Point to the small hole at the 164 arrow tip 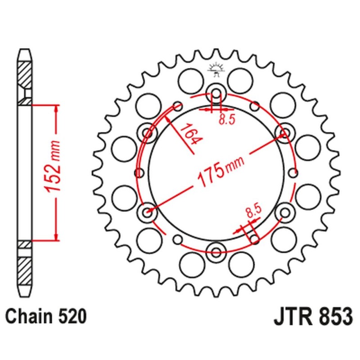coord(178,107)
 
